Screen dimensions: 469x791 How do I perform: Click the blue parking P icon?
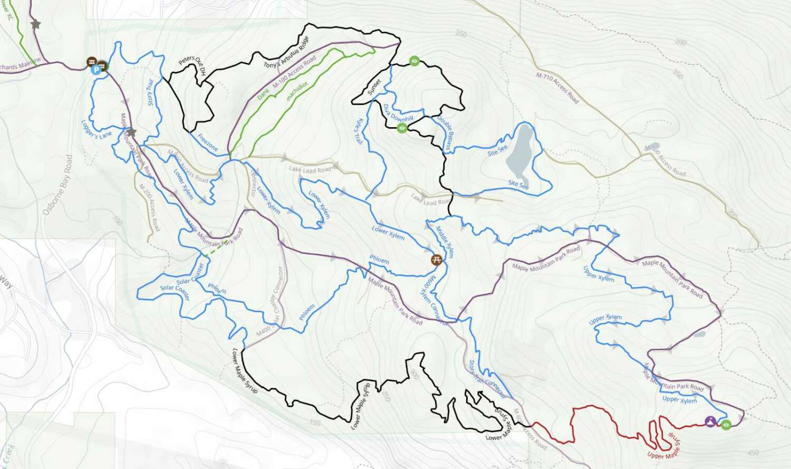(95, 70)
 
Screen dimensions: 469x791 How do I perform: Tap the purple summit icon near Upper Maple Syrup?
(710, 422)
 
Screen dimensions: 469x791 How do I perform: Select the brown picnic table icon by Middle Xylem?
(436, 259)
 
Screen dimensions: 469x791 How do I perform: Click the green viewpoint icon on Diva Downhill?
(402, 128)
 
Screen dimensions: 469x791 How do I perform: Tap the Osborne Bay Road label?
(56, 185)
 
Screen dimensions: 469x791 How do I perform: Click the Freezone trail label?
(208, 142)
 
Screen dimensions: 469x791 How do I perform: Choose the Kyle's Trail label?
(358, 130)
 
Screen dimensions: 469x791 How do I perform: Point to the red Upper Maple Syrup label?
(664, 446)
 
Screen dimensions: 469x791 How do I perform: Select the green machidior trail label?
(297, 90)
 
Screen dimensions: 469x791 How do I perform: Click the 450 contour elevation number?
(753, 453)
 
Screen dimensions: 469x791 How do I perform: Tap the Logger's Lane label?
(97, 129)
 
